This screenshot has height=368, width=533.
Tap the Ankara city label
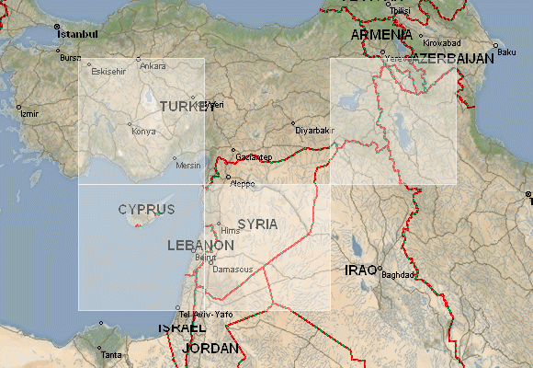point(153,66)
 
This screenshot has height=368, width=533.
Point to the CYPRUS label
point(146,210)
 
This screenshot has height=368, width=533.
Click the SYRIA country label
point(256,224)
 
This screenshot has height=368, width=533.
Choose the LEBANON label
point(200,246)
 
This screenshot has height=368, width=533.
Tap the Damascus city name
point(232,269)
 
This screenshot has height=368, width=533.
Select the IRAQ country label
point(359,270)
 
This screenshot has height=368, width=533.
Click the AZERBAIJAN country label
point(452,58)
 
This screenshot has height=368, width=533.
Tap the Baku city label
point(506,52)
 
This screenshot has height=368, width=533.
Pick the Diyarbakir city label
point(312,131)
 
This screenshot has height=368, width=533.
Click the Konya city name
point(144,131)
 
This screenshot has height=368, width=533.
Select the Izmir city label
point(29,114)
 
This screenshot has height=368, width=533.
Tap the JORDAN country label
point(210,349)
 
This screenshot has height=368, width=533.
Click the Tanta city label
point(110,355)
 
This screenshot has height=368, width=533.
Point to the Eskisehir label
point(107,71)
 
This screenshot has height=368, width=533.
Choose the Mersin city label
point(187,166)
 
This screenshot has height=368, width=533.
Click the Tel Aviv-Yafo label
point(205,316)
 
